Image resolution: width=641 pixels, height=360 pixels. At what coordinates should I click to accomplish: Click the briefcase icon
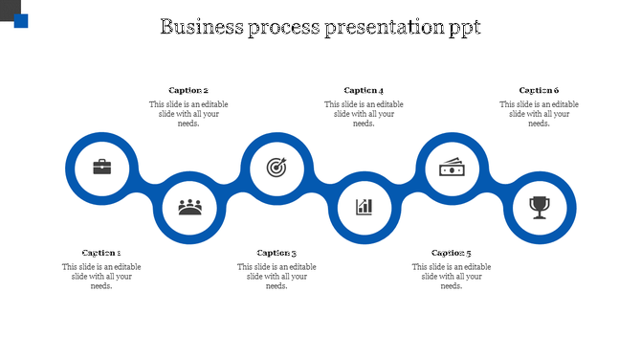(101, 168)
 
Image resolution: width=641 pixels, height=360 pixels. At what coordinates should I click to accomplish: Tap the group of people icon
(189, 206)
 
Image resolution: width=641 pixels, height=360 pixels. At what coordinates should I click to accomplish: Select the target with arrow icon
(276, 168)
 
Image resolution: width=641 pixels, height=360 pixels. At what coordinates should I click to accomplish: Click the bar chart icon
(364, 206)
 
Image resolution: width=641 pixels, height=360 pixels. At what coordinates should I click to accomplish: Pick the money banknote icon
(452, 168)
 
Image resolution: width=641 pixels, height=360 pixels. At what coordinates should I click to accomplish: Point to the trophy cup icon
(540, 206)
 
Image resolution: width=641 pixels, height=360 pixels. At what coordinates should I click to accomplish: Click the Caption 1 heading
(101, 253)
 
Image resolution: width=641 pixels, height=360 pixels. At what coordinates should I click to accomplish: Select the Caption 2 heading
(188, 91)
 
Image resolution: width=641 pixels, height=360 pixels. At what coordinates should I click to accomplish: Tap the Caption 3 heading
(276, 253)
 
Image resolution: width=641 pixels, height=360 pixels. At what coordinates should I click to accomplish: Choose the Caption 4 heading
(364, 91)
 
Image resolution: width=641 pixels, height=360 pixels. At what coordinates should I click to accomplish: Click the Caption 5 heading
(452, 253)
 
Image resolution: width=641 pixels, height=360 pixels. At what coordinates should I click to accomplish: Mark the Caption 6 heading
(539, 91)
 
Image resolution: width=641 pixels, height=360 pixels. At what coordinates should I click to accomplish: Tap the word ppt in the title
(463, 28)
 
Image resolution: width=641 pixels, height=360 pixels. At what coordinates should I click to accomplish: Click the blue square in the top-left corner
(21, 21)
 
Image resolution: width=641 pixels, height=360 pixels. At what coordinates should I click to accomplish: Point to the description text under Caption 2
(188, 114)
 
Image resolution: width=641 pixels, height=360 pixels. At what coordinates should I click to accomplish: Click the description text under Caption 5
(452, 276)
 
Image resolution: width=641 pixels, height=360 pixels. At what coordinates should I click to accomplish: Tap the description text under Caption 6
(539, 114)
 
